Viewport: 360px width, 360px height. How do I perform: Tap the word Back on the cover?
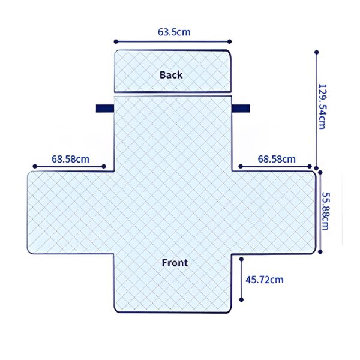[171, 75]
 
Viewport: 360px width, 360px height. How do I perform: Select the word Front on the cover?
[175, 263]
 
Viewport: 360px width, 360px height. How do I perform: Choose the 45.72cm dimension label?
[265, 279]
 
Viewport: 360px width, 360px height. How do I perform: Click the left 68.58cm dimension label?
[70, 159]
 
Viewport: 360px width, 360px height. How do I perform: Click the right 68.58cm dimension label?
[277, 159]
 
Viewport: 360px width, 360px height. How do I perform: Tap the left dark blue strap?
[104, 109]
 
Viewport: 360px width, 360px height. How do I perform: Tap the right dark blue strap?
[241, 109]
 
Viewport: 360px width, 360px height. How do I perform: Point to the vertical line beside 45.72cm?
[241, 280]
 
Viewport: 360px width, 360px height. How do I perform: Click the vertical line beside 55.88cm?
[322, 211]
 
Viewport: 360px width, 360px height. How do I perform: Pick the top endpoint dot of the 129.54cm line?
[317, 52]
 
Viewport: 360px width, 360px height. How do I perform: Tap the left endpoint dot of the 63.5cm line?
[115, 42]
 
